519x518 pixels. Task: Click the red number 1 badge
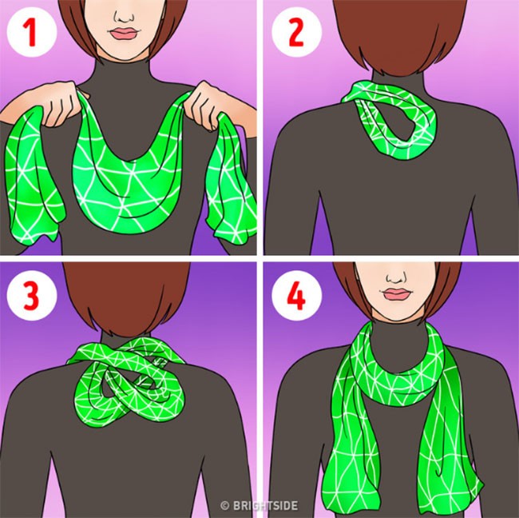[31, 32]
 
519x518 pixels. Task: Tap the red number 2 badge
[296, 32]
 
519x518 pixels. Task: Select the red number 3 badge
[31, 296]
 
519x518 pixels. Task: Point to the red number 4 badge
[296, 296]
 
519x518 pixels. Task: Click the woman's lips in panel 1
[124, 34]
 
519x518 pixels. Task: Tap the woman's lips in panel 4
[396, 294]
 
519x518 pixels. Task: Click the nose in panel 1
[124, 16]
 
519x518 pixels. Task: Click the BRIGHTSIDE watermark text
[265, 505]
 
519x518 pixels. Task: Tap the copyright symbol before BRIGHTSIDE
[225, 505]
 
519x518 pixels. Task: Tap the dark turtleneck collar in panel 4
[396, 335]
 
